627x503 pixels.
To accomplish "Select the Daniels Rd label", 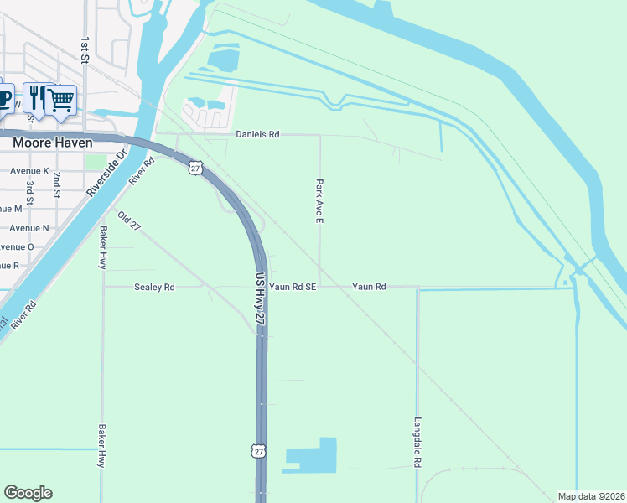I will pyautogui.click(x=257, y=134).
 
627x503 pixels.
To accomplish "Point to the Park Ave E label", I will pyautogui.click(x=319, y=200).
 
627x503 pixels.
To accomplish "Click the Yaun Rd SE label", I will pyautogui.click(x=293, y=287).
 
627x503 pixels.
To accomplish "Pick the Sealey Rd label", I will pyautogui.click(x=154, y=287).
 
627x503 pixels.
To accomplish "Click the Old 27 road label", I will pyautogui.click(x=129, y=221).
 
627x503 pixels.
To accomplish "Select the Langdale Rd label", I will pyautogui.click(x=417, y=443).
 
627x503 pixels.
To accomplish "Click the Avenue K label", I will pyautogui.click(x=29, y=171).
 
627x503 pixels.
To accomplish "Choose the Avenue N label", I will pyautogui.click(x=29, y=228).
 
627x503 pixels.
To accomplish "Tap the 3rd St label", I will pyautogui.click(x=29, y=188).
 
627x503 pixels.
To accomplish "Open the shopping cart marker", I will pyautogui.click(x=61, y=99).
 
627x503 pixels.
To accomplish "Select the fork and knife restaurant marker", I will pyautogui.click(x=36, y=97).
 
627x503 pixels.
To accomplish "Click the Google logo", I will pyautogui.click(x=28, y=493).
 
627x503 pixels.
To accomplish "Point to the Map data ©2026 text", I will pyautogui.click(x=591, y=496).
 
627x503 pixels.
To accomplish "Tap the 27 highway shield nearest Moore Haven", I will pyautogui.click(x=195, y=168).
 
